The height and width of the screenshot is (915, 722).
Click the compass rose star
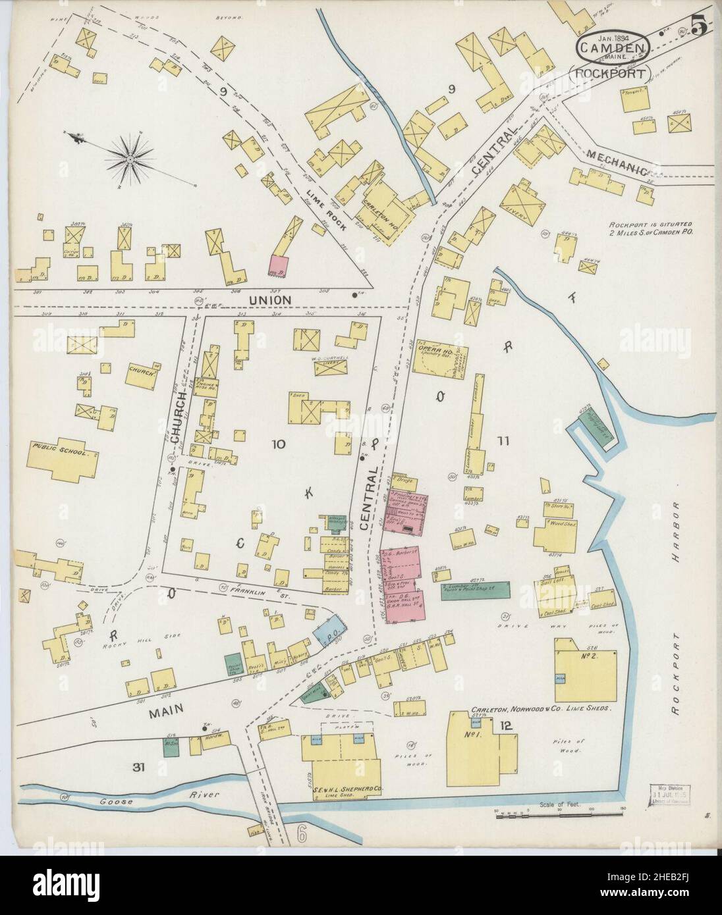point(130,157)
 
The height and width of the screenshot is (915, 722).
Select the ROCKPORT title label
point(610,72)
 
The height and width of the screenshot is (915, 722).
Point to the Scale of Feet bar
point(560,816)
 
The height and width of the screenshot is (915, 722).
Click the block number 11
point(503,442)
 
